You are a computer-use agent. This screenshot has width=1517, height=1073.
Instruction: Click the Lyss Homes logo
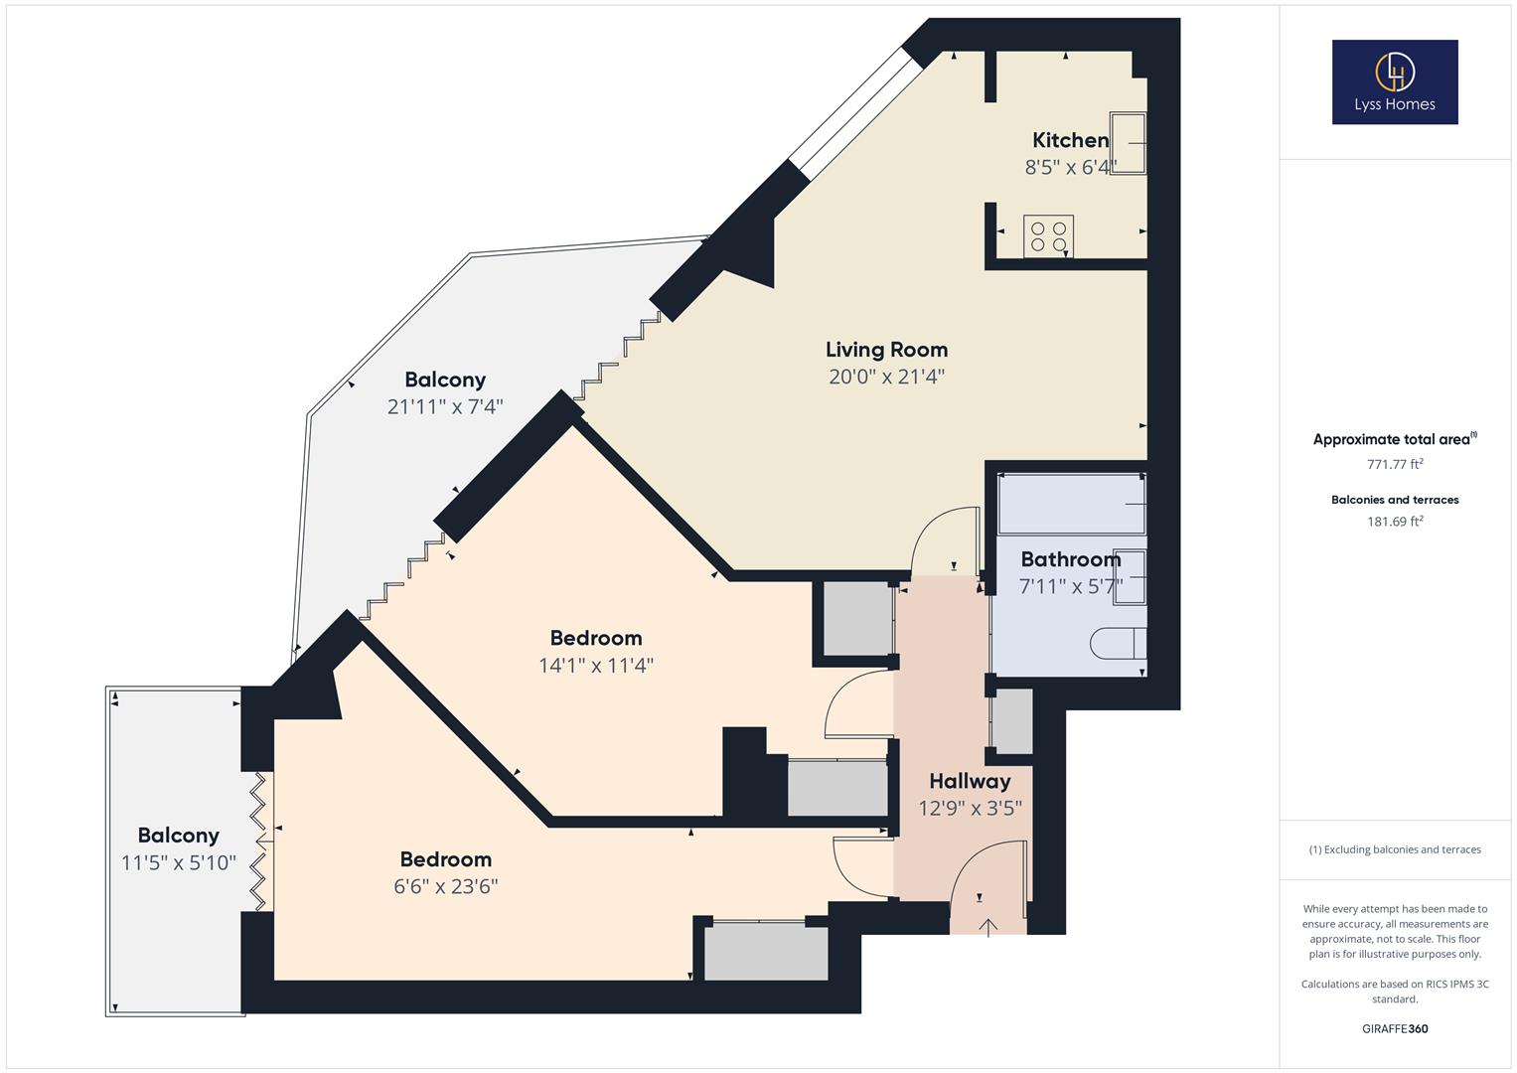1394,81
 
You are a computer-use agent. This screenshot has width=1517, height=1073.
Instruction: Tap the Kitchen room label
1070,140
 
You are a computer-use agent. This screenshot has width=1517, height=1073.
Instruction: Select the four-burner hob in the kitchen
1048,236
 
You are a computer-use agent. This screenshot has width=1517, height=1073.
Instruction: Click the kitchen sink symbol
1128,143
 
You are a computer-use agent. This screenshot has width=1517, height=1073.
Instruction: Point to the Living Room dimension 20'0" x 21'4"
886,377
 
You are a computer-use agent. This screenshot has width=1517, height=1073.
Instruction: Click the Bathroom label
1070,559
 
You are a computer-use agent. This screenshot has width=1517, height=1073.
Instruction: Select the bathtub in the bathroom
1071,505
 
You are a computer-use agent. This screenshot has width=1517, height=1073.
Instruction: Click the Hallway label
970,781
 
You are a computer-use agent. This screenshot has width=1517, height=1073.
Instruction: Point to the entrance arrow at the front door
988,927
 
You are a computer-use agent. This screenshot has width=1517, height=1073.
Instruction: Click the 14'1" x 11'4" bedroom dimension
596,665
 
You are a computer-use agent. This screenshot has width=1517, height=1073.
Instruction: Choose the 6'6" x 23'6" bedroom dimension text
445,886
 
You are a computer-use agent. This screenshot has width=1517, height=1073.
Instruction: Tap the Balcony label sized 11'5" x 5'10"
178,836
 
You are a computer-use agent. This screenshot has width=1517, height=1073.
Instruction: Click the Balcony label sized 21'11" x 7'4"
445,380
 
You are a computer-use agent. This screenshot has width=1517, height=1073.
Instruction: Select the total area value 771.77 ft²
1395,464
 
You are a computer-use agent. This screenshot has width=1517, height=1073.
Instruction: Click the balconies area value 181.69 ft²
1395,522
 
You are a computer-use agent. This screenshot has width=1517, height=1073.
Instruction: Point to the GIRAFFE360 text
1395,1028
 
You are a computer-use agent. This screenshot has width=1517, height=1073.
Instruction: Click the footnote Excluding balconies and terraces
1395,849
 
